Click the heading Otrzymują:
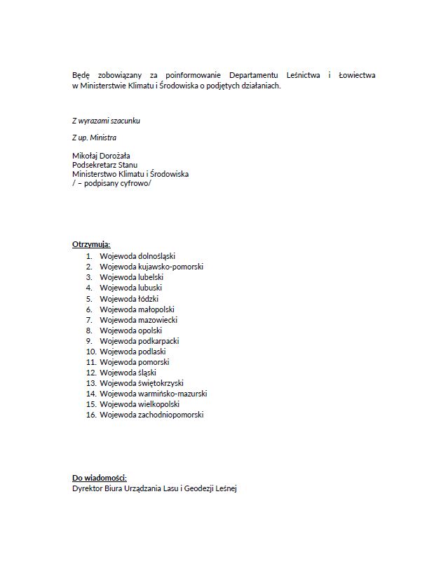91,245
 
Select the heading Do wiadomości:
100,478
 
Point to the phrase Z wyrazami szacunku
106,121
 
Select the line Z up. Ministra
94,138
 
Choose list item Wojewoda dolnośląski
137,256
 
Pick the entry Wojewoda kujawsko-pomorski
151,267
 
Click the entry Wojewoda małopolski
137,309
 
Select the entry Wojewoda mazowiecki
138,319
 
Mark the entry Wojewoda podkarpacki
139,341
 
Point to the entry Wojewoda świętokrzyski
141,383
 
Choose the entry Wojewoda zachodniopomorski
151,415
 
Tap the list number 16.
90,415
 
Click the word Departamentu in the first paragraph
256,75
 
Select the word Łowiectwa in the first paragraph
357,75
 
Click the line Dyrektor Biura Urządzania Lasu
155,488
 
